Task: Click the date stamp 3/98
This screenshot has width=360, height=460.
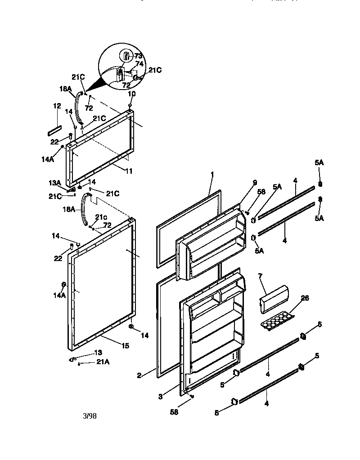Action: coord(90,416)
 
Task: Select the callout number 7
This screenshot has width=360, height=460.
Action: coord(260,275)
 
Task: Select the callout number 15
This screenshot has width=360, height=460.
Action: coord(125,346)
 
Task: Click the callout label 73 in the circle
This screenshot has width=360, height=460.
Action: coord(138,56)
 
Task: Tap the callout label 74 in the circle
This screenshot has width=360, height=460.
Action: coord(139,64)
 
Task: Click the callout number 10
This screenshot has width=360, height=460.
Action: coord(132,94)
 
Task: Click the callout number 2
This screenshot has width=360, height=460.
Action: coord(140,374)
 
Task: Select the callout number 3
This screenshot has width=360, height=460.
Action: coord(160,396)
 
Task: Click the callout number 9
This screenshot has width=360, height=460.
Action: coord(255,183)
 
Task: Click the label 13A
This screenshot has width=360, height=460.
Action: coord(54,183)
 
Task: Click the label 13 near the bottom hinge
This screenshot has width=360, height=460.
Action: coord(98,352)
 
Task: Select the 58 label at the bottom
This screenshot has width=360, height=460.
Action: coord(174,411)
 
